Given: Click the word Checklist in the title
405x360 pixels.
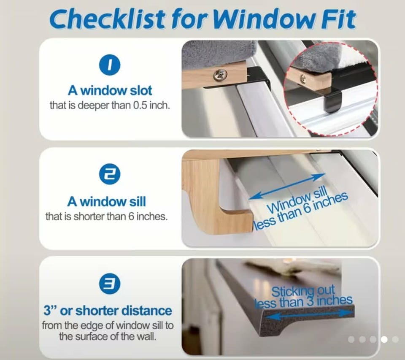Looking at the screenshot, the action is click(x=107, y=19).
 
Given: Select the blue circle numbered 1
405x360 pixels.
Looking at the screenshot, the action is click(x=110, y=65).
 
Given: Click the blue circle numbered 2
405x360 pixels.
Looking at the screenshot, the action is click(x=110, y=174).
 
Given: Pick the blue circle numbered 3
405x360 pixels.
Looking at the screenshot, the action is click(x=110, y=284).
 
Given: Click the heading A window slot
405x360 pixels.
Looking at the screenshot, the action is click(x=110, y=90).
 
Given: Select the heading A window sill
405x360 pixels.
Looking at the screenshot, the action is click(x=106, y=202).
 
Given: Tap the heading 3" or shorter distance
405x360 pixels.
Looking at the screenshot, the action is click(x=108, y=311).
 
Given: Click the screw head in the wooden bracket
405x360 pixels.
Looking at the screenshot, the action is click(x=220, y=75).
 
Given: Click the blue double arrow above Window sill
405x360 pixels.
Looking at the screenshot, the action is click(x=287, y=187).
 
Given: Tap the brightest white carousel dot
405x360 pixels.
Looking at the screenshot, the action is click(x=384, y=339).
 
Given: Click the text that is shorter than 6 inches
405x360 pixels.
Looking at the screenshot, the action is click(x=106, y=217).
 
